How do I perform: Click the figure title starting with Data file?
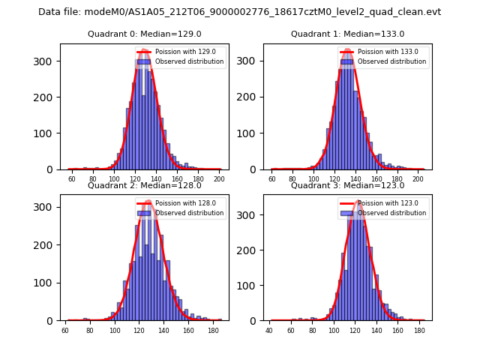point(240,12)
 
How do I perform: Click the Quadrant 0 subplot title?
point(145,34)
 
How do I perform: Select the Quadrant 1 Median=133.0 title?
point(347,34)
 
